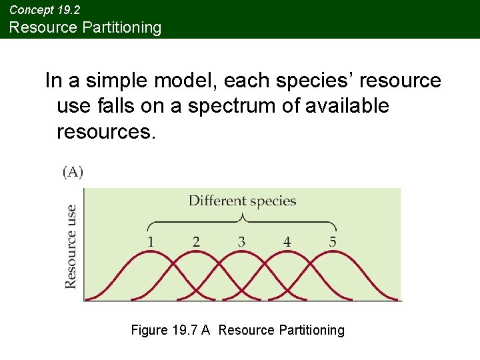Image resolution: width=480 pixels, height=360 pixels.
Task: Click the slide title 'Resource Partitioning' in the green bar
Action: point(85,27)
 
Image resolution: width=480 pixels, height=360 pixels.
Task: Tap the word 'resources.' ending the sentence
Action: point(106,131)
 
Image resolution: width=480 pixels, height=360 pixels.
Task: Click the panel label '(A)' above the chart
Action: point(73,172)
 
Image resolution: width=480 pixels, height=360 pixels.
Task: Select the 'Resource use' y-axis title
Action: point(71,246)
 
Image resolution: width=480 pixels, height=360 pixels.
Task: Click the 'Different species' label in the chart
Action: point(242,201)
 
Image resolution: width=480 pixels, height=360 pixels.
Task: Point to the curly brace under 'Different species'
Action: point(242,221)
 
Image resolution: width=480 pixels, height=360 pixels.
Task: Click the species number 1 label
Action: point(151,241)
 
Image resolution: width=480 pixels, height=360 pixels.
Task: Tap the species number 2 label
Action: point(196,241)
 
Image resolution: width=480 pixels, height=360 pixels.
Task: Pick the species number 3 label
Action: point(241,241)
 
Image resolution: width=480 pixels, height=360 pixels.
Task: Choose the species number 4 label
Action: point(287,241)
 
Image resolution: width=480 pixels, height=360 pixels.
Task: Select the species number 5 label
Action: point(332,241)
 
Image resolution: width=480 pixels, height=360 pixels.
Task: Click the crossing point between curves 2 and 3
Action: point(219,275)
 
